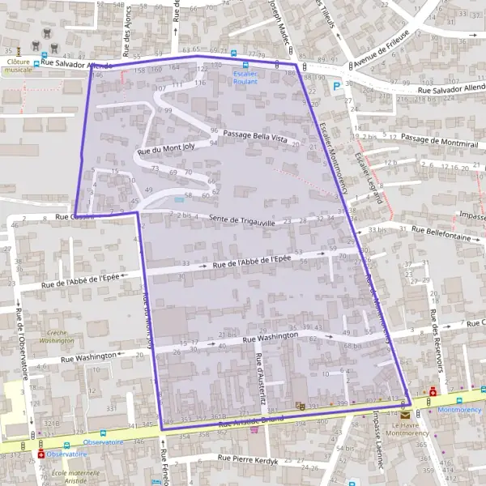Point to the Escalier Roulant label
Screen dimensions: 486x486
(x=245, y=77)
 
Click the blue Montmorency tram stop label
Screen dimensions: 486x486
(x=458, y=410)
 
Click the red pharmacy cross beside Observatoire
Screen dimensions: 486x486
(x=41, y=454)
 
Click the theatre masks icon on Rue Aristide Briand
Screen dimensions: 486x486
(x=301, y=405)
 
